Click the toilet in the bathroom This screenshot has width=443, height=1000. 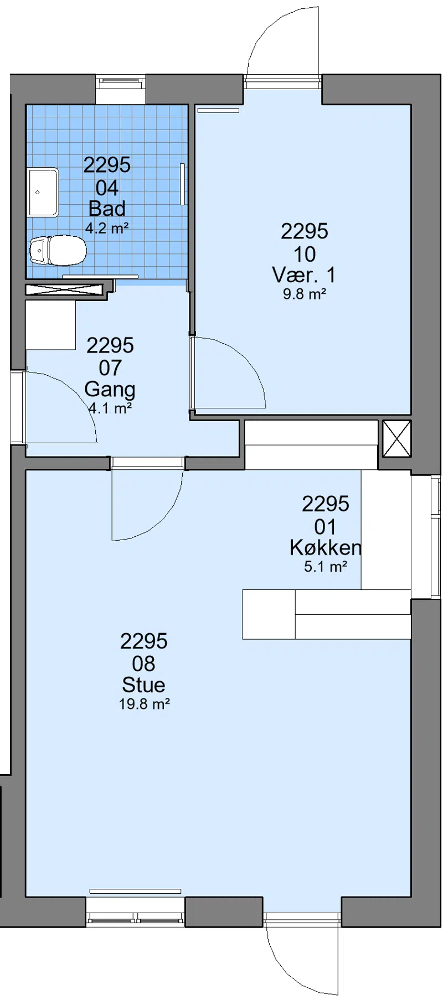coord(58,250)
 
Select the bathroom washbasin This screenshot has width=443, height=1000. coord(43,192)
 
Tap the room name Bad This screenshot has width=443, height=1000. coord(107,209)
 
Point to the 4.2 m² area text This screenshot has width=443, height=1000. coord(107,227)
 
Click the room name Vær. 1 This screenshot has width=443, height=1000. coord(304,274)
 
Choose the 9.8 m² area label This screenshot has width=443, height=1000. coord(304,294)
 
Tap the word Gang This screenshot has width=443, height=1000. coord(110,390)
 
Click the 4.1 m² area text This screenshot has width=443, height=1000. coord(110,408)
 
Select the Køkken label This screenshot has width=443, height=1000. coord(326,548)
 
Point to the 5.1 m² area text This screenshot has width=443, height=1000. coord(326,567)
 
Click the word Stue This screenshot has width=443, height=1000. coord(143,685)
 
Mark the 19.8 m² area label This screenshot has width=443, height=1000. coord(144,704)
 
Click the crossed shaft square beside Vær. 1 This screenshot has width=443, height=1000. coord(397,438)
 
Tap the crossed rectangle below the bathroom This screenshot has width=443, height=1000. coord(65,289)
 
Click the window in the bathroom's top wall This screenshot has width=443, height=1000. coord(121,83)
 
